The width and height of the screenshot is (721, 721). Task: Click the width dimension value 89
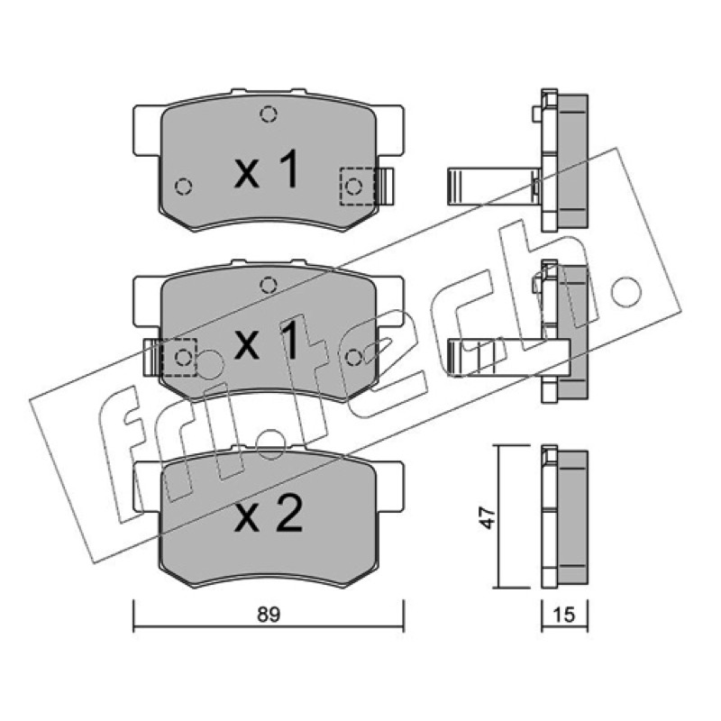click(269, 615)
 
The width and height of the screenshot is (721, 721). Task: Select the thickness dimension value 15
click(565, 615)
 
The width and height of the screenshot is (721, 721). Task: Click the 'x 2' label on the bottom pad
click(269, 514)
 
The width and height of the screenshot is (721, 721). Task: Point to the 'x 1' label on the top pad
click(267, 169)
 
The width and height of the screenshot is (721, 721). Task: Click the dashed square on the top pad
click(357, 187)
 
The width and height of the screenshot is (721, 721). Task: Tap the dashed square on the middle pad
click(179, 357)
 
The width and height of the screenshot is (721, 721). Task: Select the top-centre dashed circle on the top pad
click(269, 114)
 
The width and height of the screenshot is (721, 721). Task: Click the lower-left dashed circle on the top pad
click(184, 187)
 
